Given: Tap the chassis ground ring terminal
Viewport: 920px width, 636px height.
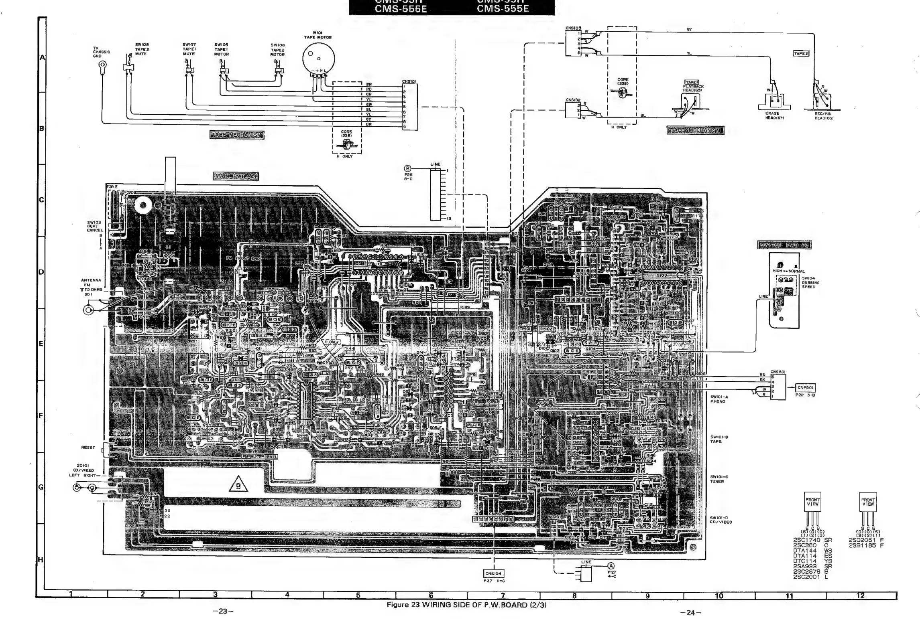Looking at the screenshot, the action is [x=102, y=65].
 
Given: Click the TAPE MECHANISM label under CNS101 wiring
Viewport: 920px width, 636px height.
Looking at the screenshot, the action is [x=237, y=135].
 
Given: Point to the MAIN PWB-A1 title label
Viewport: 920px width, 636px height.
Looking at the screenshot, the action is [x=236, y=176].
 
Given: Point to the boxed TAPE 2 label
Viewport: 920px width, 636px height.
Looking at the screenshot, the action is [x=801, y=53].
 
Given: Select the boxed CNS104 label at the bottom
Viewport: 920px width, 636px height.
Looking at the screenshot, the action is [x=494, y=573].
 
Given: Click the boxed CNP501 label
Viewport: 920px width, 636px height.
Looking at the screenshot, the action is [x=806, y=387].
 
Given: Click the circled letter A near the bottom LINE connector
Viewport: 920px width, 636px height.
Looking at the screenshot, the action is [x=611, y=566].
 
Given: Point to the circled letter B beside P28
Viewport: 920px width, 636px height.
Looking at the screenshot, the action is [x=408, y=168].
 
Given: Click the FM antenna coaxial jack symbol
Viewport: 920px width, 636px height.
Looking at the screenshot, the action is [x=89, y=310].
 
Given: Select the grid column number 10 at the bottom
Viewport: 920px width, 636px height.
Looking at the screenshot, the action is [x=719, y=596].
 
